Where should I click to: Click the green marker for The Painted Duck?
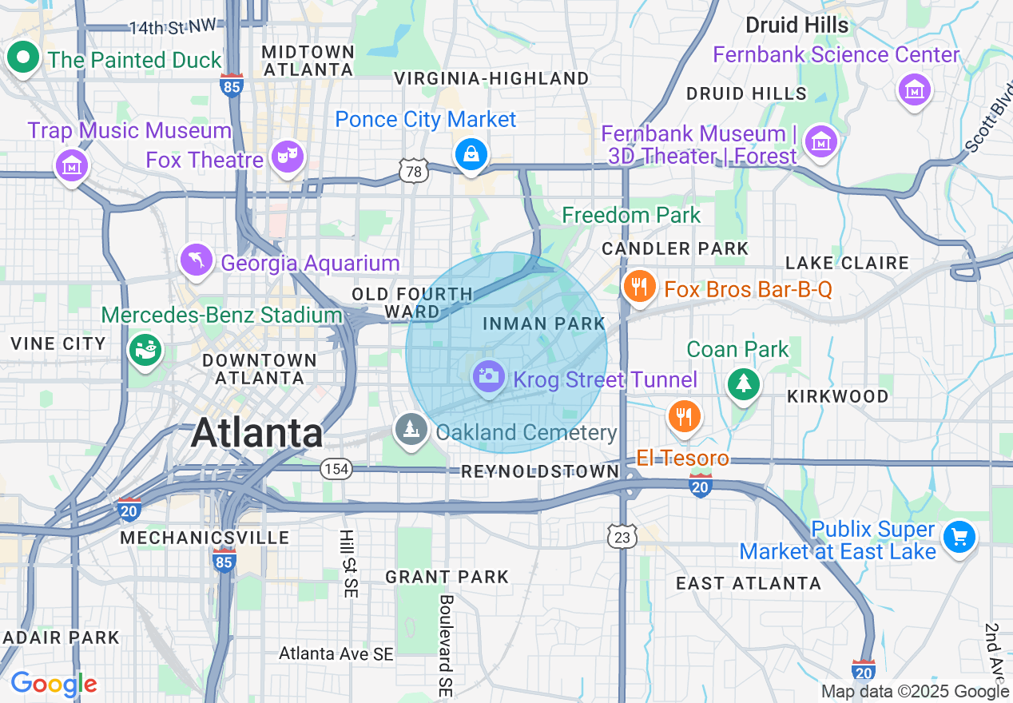click(24, 58)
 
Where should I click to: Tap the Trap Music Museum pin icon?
click(72, 165)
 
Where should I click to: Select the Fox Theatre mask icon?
click(287, 156)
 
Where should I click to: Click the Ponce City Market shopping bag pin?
click(471, 155)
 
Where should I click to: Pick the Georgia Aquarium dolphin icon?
click(197, 260)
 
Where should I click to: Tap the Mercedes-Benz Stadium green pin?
click(145, 350)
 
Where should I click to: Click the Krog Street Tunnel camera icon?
click(488, 375)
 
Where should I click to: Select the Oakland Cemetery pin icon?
click(411, 429)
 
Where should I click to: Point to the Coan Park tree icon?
click(744, 384)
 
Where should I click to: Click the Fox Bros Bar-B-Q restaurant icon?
click(638, 285)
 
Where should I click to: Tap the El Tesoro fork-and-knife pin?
click(684, 415)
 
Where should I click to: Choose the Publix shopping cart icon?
click(959, 537)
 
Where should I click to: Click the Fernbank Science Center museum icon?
click(915, 89)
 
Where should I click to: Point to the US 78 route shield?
click(411, 169)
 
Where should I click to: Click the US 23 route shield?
click(622, 536)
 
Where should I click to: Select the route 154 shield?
click(336, 468)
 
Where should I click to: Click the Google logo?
click(54, 685)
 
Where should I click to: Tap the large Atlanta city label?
click(257, 434)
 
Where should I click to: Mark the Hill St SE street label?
click(348, 563)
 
